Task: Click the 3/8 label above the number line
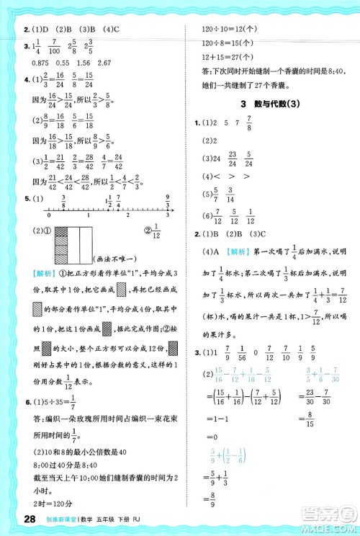click(64, 201)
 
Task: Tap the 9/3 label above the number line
click(167, 200)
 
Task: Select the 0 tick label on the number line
click(47, 218)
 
